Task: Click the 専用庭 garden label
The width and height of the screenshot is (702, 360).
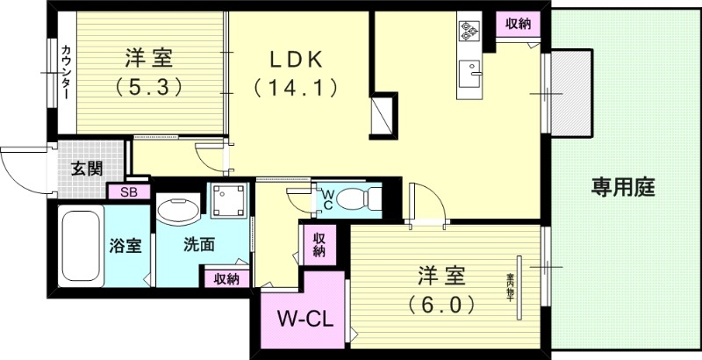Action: [x=623, y=187]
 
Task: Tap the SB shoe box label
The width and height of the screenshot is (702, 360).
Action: [x=128, y=191]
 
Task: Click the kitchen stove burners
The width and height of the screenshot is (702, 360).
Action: [x=469, y=32]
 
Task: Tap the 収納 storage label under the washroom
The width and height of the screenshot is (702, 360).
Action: [x=226, y=279]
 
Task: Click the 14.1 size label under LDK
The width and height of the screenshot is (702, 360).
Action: [x=296, y=87]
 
